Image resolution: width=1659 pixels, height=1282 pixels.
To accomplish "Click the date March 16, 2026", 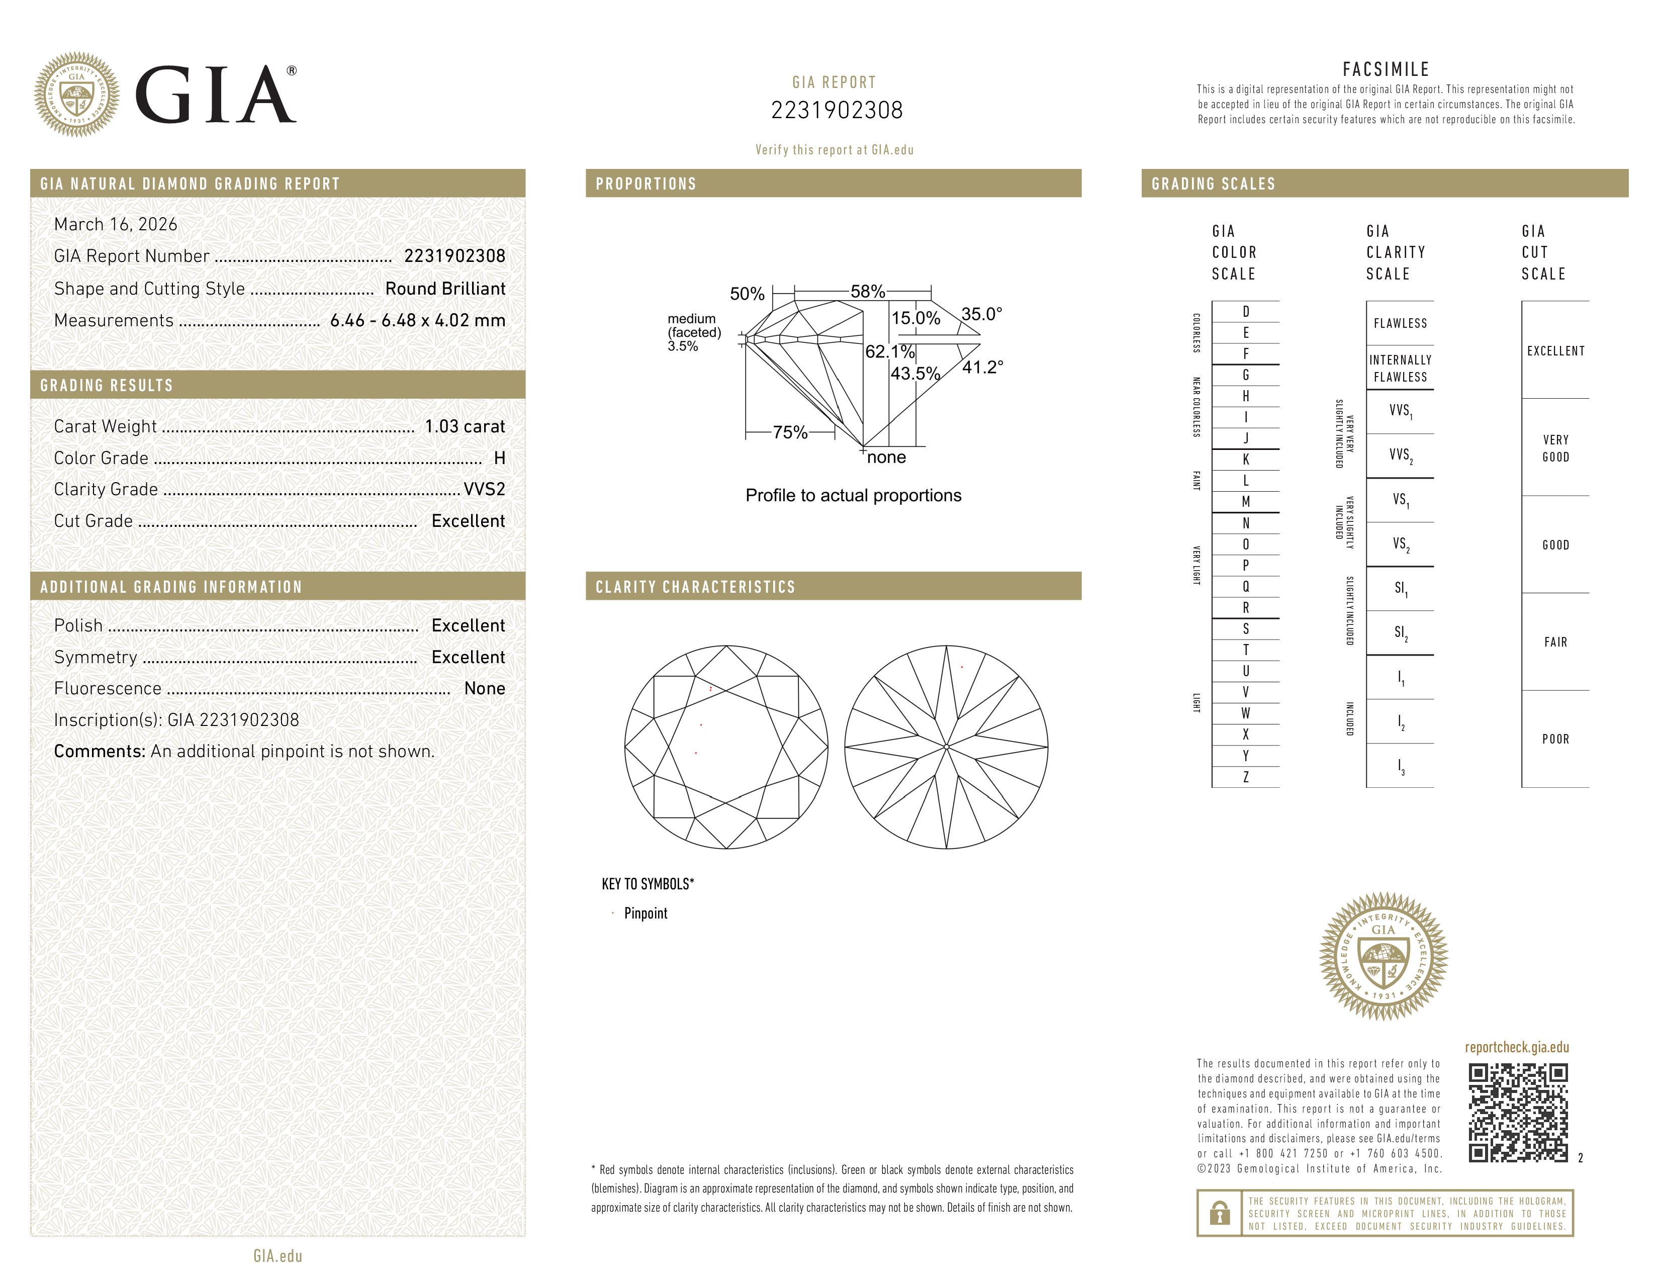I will pyautogui.click(x=116, y=224).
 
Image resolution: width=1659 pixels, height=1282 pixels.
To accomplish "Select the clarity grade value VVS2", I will pyautogui.click(x=484, y=489).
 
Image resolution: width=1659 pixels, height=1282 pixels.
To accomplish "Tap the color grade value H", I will pyautogui.click(x=499, y=458).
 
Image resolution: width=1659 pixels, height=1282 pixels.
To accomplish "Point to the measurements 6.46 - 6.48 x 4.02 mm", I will pyautogui.click(x=418, y=321).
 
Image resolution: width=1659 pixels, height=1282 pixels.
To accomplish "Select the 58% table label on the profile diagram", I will pyautogui.click(x=868, y=292).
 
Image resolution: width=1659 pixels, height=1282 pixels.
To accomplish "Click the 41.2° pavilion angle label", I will pyautogui.click(x=982, y=368).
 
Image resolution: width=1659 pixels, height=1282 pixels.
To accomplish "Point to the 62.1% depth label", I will pyautogui.click(x=889, y=351).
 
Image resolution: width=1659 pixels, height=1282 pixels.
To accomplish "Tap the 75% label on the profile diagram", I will pyautogui.click(x=790, y=432).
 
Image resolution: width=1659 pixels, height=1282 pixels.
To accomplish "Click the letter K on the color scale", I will pyautogui.click(x=1245, y=460).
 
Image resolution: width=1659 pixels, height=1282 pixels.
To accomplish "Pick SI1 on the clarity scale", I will pyautogui.click(x=1400, y=589).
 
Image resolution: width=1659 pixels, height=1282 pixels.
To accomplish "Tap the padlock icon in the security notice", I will pyautogui.click(x=1219, y=1213).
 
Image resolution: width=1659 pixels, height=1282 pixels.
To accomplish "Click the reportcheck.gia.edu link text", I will pyautogui.click(x=1516, y=1047).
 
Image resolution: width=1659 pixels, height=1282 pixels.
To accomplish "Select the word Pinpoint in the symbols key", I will pyautogui.click(x=646, y=913).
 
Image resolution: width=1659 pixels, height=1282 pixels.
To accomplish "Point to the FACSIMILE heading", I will pyautogui.click(x=1386, y=69).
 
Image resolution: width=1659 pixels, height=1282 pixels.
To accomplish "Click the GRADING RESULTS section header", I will pyautogui.click(x=107, y=385).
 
